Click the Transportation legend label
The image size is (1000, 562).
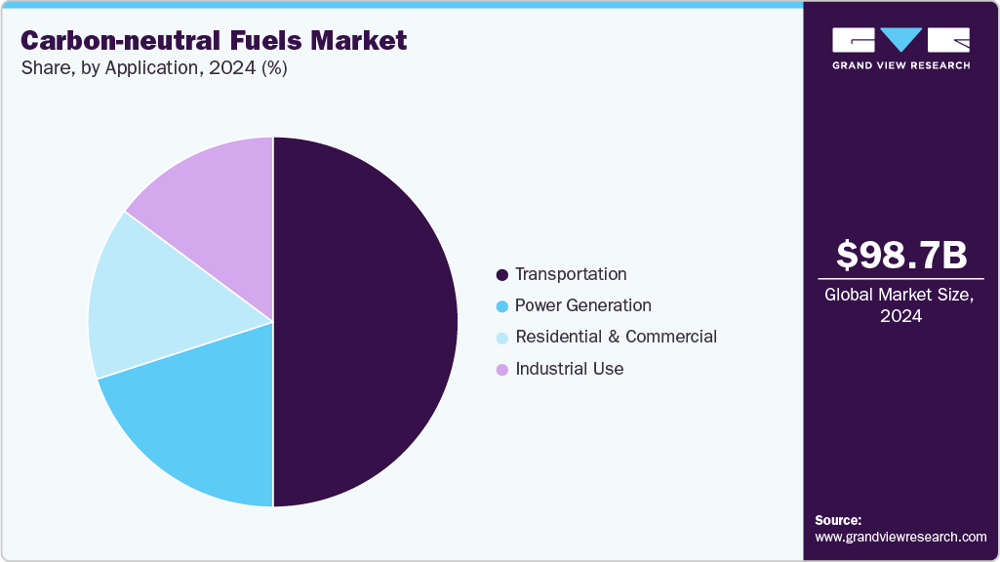pyautogui.click(x=571, y=274)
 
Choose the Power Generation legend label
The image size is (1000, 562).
pyautogui.click(x=582, y=305)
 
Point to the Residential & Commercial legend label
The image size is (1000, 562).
pyautogui.click(x=616, y=337)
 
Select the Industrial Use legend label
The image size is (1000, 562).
pyautogui.click(x=569, y=369)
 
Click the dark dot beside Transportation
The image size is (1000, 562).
pyautogui.click(x=502, y=275)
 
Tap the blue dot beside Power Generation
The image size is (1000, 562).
pyautogui.click(x=502, y=306)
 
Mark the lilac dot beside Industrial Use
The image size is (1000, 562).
pyautogui.click(x=502, y=370)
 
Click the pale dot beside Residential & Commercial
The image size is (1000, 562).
pyautogui.click(x=502, y=338)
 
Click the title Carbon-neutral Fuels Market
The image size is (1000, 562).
pyautogui.click(x=214, y=41)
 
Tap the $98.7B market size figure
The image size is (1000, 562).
pyautogui.click(x=901, y=255)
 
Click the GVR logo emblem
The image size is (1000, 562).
pyautogui.click(x=900, y=41)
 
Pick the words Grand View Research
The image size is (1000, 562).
pyautogui.click(x=900, y=65)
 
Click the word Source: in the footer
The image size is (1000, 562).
pyautogui.click(x=838, y=520)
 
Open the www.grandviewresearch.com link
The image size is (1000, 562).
pyautogui.click(x=900, y=537)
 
